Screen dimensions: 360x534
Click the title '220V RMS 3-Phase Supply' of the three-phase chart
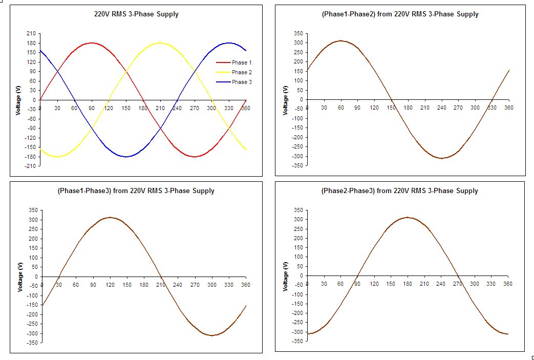click(133, 14)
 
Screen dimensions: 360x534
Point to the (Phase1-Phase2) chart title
click(400, 14)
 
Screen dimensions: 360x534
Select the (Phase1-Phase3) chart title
click(136, 191)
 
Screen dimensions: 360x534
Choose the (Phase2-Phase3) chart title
click(399, 191)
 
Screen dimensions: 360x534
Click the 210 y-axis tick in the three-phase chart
click(32, 33)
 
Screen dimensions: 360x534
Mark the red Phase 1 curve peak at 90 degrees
click(92, 43)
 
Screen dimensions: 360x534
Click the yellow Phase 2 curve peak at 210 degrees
click(160, 43)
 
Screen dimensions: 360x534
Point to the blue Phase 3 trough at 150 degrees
click(126, 157)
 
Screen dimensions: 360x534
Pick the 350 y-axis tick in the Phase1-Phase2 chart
click(298, 33)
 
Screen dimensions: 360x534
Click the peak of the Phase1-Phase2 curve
click(340, 41)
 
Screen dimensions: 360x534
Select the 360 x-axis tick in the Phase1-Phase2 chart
click(508, 108)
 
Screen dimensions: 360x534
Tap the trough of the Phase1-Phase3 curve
click(211, 335)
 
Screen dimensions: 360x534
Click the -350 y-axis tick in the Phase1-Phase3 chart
click(32, 343)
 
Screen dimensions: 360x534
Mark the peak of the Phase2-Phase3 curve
click(407, 217)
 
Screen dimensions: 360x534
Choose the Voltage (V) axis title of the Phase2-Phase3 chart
click(286, 276)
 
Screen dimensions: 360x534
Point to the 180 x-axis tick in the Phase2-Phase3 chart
click(407, 284)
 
